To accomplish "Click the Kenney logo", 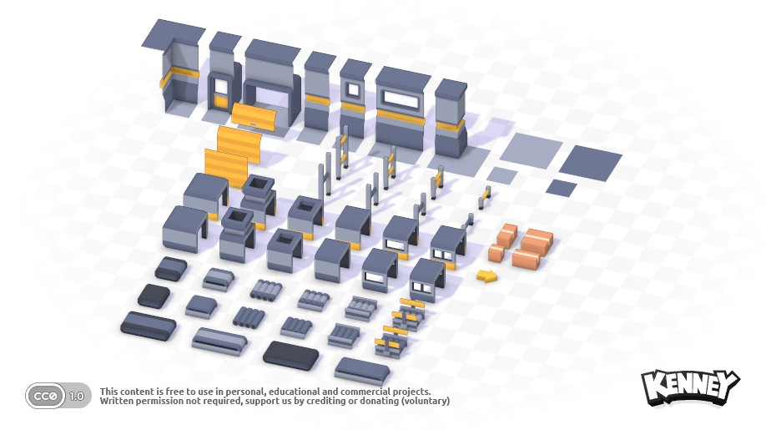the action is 690,387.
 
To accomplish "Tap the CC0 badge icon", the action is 45,396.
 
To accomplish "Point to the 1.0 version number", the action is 77,397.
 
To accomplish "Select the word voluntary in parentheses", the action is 426,401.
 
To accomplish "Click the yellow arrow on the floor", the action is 486,276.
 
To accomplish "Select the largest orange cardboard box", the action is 537,242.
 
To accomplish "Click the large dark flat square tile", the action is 590,163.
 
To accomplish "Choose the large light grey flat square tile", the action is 531,150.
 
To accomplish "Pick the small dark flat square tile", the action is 561,188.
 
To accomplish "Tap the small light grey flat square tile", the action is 501,176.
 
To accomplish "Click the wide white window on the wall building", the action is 401,99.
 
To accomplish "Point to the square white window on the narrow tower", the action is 352,90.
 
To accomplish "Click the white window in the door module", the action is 221,87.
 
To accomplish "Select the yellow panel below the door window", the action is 221,101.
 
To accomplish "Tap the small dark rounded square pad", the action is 154,296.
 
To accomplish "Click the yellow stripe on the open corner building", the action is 179,76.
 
